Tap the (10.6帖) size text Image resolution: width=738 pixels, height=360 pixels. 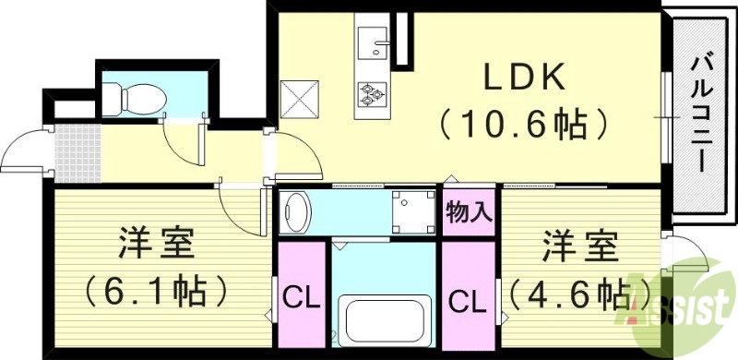pyautogui.click(x=522, y=123)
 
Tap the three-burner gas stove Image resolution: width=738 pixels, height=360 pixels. pyautogui.click(x=373, y=92)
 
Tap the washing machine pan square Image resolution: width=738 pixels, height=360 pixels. pyautogui.click(x=411, y=210)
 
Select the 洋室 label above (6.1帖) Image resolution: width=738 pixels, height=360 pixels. pyautogui.click(x=155, y=246)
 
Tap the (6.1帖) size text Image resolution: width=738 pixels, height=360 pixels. pyautogui.click(x=155, y=291)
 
